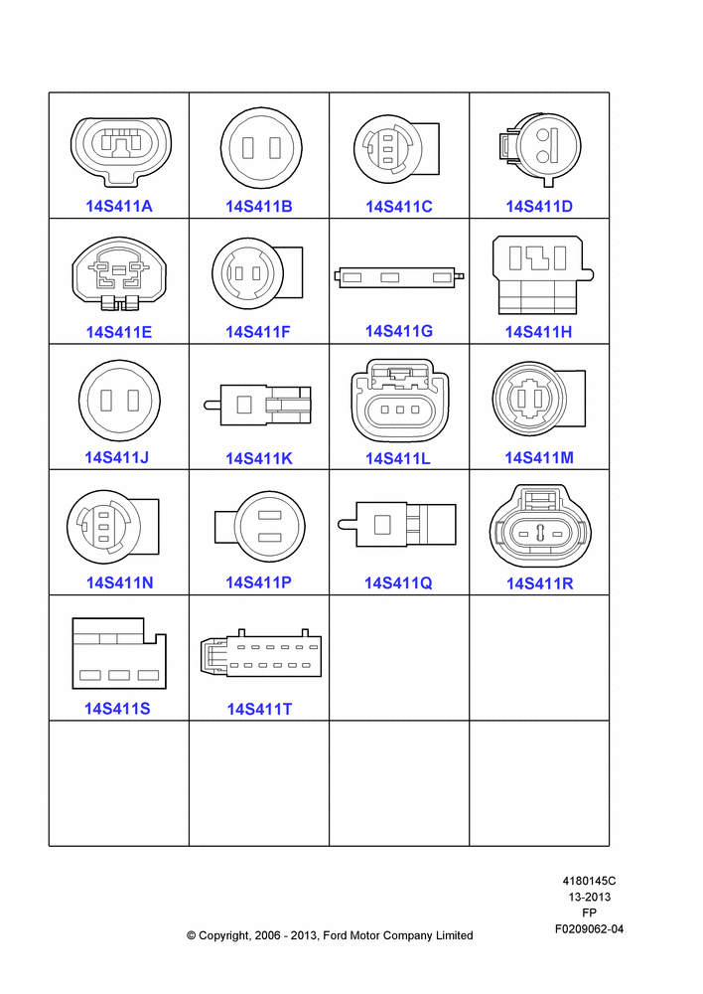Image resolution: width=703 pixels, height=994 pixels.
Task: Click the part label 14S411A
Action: [119, 206]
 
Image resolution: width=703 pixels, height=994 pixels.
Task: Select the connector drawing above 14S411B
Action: [261, 148]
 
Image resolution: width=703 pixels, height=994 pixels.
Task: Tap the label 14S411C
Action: [399, 206]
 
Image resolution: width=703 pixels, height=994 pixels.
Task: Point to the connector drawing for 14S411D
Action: [539, 150]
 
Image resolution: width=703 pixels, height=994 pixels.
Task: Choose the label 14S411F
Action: [258, 332]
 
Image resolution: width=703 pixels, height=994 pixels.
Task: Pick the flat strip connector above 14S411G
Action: [399, 277]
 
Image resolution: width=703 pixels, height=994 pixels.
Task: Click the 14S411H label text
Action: [538, 332]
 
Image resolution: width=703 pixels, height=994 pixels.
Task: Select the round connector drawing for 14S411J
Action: [120, 401]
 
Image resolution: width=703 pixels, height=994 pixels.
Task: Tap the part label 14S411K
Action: [259, 458]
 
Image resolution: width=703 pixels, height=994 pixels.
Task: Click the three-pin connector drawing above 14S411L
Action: [399, 401]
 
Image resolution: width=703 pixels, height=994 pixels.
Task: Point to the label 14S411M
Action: [539, 457]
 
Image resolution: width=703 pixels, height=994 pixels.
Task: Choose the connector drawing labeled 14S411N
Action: [113, 527]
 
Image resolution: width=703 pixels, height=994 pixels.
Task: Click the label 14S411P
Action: [258, 581]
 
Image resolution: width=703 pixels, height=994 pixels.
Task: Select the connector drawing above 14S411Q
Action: [397, 524]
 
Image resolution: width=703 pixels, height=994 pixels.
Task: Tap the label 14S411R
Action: [539, 583]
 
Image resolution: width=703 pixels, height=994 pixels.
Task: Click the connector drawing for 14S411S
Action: [119, 654]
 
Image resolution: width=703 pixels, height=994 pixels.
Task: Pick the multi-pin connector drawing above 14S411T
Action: [261, 653]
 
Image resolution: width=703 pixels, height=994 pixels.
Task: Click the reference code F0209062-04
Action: [590, 928]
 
